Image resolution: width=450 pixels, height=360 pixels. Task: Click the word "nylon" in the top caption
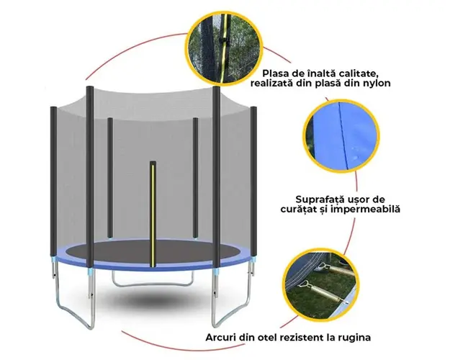point(376,84)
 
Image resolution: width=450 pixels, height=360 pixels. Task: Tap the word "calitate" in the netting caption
point(356,73)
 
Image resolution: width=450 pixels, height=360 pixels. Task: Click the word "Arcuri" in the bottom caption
point(220,337)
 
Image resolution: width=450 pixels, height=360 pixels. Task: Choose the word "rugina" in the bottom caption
point(355,338)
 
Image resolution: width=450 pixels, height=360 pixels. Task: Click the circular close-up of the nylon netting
point(225,48)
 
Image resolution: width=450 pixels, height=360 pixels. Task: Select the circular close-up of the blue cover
point(341,135)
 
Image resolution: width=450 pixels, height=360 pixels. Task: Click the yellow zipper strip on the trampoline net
point(153,215)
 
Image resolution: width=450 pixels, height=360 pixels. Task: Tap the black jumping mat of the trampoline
point(153,251)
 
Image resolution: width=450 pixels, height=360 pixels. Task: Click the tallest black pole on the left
point(90,176)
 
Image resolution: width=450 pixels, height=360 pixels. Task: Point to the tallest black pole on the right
point(217,177)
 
